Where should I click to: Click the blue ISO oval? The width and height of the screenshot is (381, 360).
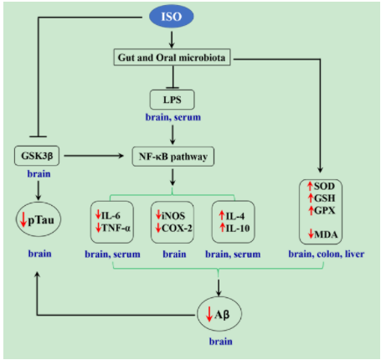click(172, 17)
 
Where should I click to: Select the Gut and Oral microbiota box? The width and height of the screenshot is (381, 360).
click(172, 58)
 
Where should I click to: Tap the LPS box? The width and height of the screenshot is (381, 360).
click(172, 100)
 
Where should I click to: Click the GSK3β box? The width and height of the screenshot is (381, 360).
click(37, 156)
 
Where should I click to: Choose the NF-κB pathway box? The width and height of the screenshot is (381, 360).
click(173, 157)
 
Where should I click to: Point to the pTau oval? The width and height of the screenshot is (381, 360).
click(39, 219)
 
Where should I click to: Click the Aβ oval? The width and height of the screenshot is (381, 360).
click(219, 314)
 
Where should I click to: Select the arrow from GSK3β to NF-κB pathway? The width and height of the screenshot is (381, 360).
click(94, 156)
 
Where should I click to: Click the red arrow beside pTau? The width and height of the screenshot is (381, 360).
click(23, 219)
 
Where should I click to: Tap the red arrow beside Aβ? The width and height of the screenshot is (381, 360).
click(209, 314)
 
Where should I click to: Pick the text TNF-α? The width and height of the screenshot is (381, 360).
click(116, 228)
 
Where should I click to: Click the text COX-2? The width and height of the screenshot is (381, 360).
click(177, 229)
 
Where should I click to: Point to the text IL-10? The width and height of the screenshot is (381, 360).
click(238, 229)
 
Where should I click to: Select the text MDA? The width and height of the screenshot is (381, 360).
click(326, 234)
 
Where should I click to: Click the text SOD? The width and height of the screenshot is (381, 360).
click(324, 186)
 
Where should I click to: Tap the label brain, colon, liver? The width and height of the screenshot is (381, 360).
click(327, 254)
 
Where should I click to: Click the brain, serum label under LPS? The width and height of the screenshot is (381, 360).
click(173, 117)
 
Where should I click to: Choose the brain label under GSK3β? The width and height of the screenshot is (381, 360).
click(39, 174)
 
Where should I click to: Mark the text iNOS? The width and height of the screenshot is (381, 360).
click(173, 216)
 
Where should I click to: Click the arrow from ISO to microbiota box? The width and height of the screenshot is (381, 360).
click(172, 39)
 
